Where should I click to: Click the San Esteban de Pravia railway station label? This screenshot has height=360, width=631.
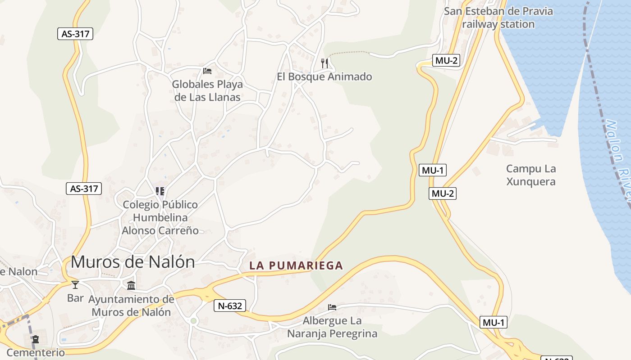498,18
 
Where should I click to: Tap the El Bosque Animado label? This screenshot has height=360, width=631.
325,76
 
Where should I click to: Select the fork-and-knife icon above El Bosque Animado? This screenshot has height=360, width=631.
325,63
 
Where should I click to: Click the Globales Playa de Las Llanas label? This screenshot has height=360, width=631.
207,90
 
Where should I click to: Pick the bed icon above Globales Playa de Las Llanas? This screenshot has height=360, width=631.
207,71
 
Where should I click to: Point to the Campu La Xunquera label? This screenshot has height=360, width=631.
531,175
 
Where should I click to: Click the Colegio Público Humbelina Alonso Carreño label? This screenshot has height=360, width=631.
160,218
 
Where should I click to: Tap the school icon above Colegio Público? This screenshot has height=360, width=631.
160,191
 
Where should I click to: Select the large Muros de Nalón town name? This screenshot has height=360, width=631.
133,262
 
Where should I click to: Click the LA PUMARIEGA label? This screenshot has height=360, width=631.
296,265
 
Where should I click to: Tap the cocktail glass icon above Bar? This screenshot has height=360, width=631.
75,285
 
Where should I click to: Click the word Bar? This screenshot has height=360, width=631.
75,298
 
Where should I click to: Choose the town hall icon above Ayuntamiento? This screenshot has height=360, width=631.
131,285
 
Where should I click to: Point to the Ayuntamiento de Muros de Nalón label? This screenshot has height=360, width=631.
131,306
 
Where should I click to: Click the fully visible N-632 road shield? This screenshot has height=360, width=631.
230,306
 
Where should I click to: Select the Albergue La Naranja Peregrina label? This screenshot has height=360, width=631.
332,327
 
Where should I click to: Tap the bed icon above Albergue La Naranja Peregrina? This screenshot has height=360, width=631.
332,307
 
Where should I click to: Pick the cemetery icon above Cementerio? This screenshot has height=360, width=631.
36,339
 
